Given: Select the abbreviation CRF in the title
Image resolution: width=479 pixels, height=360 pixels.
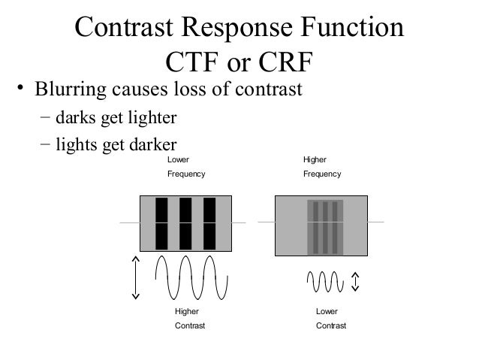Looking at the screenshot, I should coord(285,61).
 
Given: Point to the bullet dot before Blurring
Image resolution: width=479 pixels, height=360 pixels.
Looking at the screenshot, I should coord(23,92).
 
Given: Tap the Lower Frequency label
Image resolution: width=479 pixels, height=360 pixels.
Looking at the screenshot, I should coord(185,167).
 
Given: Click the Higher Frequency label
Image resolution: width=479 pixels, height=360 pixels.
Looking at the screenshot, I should coord(321,167).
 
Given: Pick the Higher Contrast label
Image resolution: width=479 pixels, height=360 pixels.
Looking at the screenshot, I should coord(189,319).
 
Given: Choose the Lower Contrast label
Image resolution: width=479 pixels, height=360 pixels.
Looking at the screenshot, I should coord(331,319).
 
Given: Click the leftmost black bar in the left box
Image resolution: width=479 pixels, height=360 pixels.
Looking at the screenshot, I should coord(161,223).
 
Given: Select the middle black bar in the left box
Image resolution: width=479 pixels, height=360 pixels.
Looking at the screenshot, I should coord(185,223).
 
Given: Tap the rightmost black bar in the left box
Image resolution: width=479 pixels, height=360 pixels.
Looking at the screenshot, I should coord(209,223).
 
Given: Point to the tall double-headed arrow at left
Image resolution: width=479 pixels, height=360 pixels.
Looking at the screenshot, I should coord(136,277).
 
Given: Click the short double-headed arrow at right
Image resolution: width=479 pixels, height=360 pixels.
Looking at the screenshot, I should coord(355,282).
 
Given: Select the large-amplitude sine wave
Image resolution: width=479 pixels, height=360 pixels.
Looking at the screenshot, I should coord(191,277).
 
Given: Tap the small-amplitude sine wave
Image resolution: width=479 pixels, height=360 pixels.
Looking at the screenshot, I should coord(324,282).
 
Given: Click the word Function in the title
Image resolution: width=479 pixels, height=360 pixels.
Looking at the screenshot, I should coord(347,28).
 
